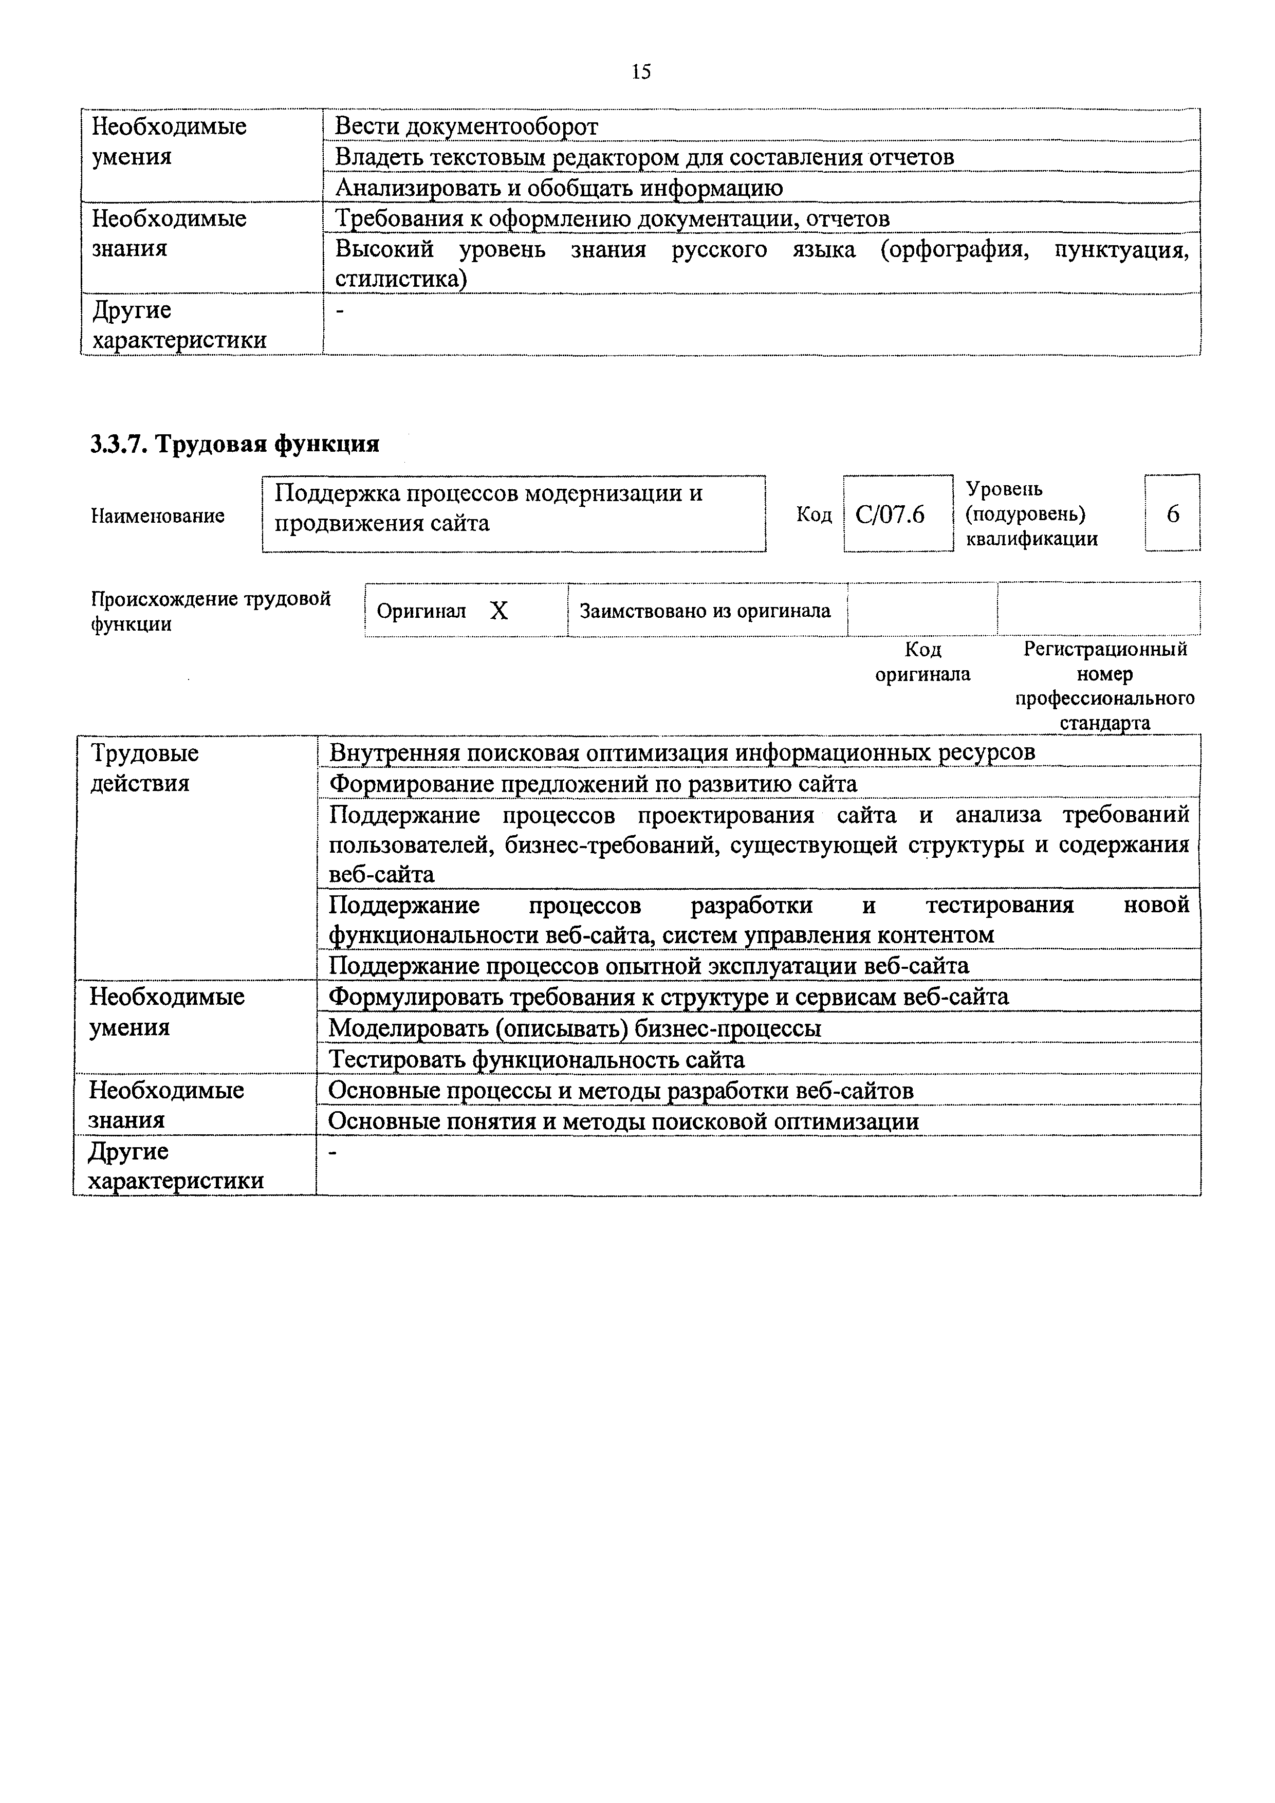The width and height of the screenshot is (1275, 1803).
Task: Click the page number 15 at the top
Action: click(641, 72)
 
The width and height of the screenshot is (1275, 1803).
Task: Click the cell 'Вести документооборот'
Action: click(466, 126)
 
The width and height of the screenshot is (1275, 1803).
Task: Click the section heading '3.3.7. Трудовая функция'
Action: click(235, 445)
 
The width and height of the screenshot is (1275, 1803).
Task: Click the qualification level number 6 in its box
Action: click(1173, 513)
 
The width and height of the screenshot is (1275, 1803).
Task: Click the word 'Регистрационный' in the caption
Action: click(1104, 650)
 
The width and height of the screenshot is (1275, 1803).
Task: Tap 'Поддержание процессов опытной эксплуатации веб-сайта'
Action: click(649, 965)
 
